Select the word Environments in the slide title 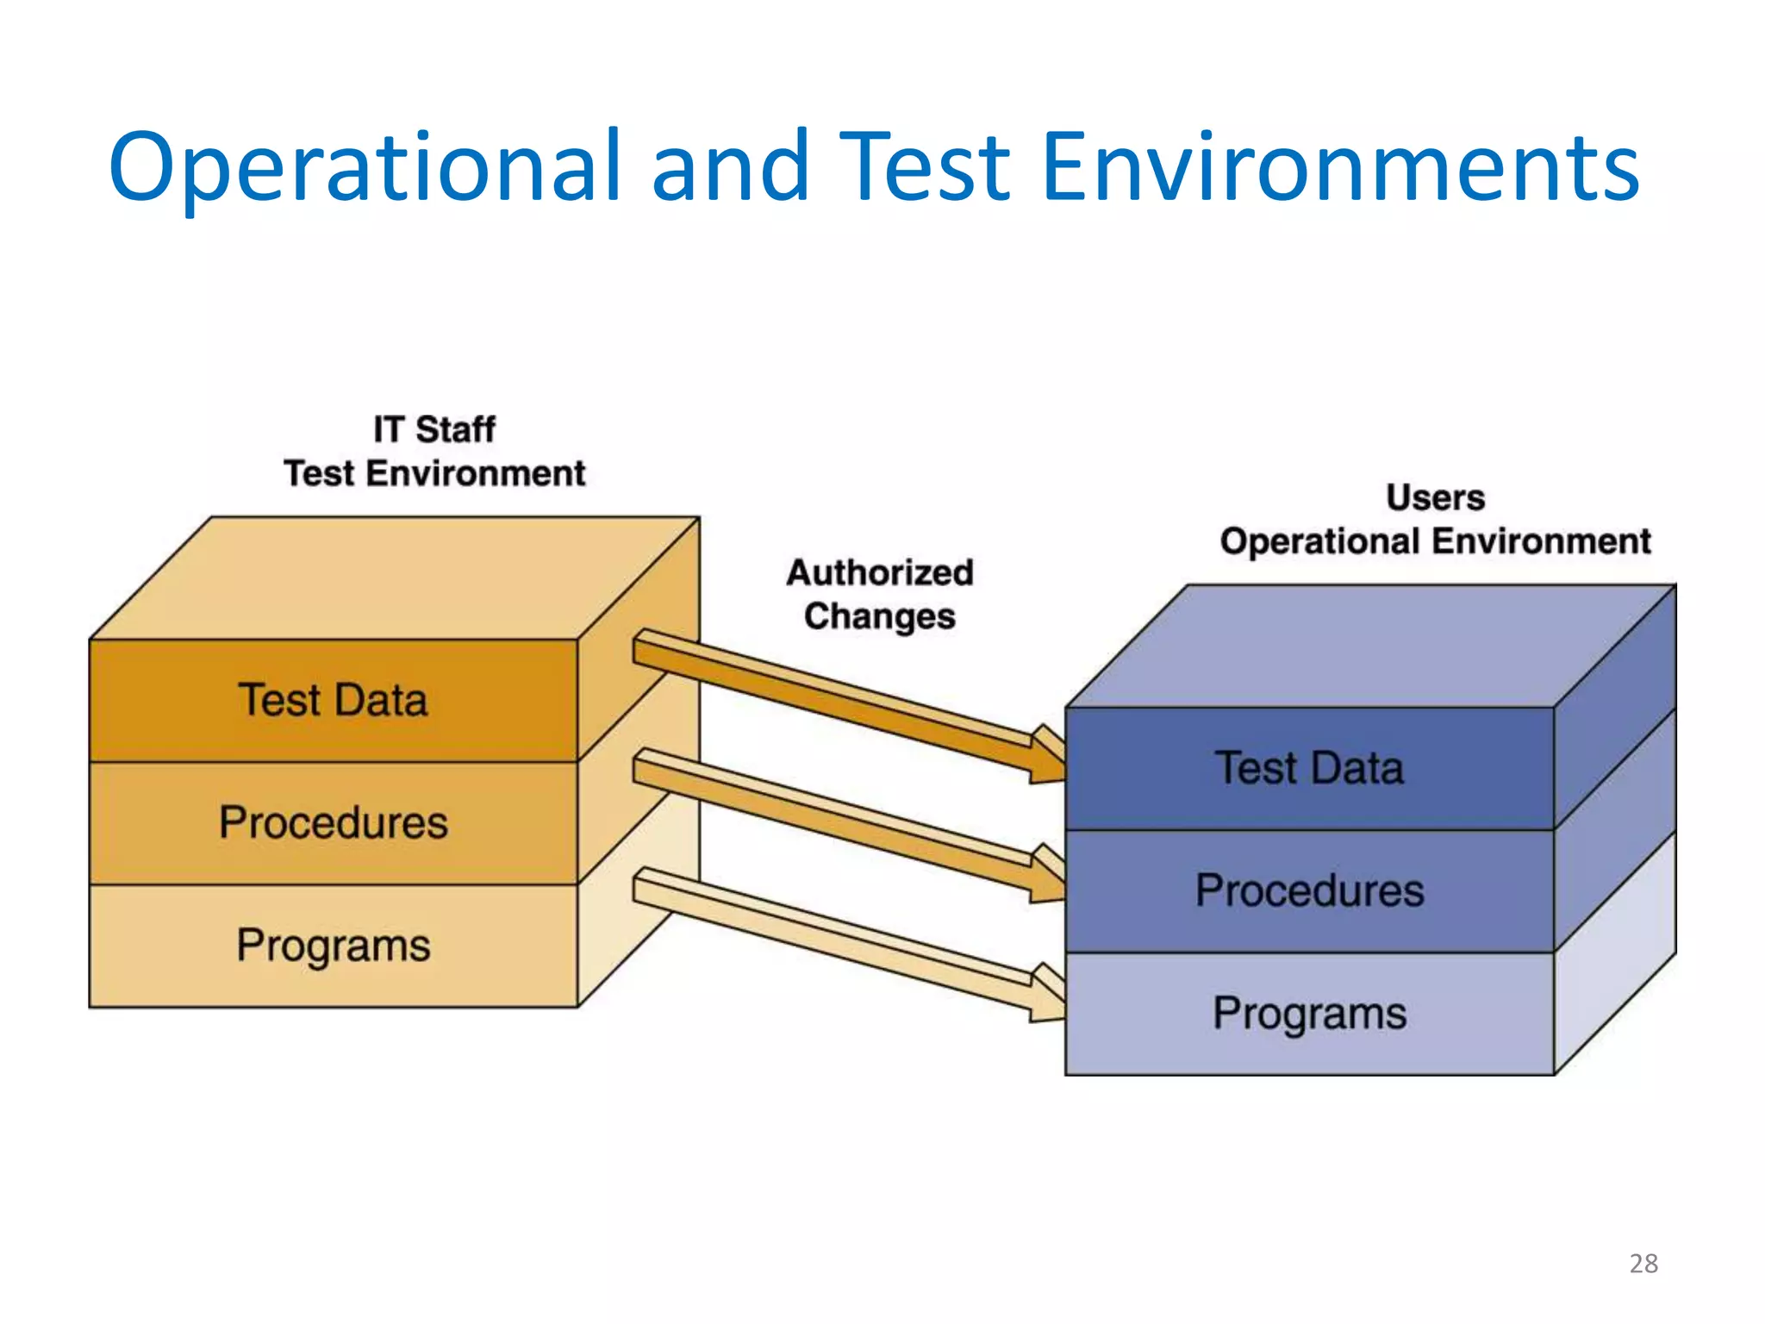coord(1339,168)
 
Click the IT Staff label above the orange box coord(433,429)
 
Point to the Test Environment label coord(433,473)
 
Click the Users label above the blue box coord(1435,497)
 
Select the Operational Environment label coord(1435,541)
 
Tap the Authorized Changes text coord(879,595)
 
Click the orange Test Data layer coord(333,700)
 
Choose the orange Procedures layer coord(333,822)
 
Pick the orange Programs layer coord(333,946)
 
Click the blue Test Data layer coord(1308,768)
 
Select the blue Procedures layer coord(1308,890)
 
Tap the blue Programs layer coord(1308,1014)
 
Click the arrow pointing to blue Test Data coord(845,703)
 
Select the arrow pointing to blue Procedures coord(845,823)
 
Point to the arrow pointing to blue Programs coord(845,942)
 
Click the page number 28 coord(1643,1264)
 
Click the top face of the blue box coord(1370,646)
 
